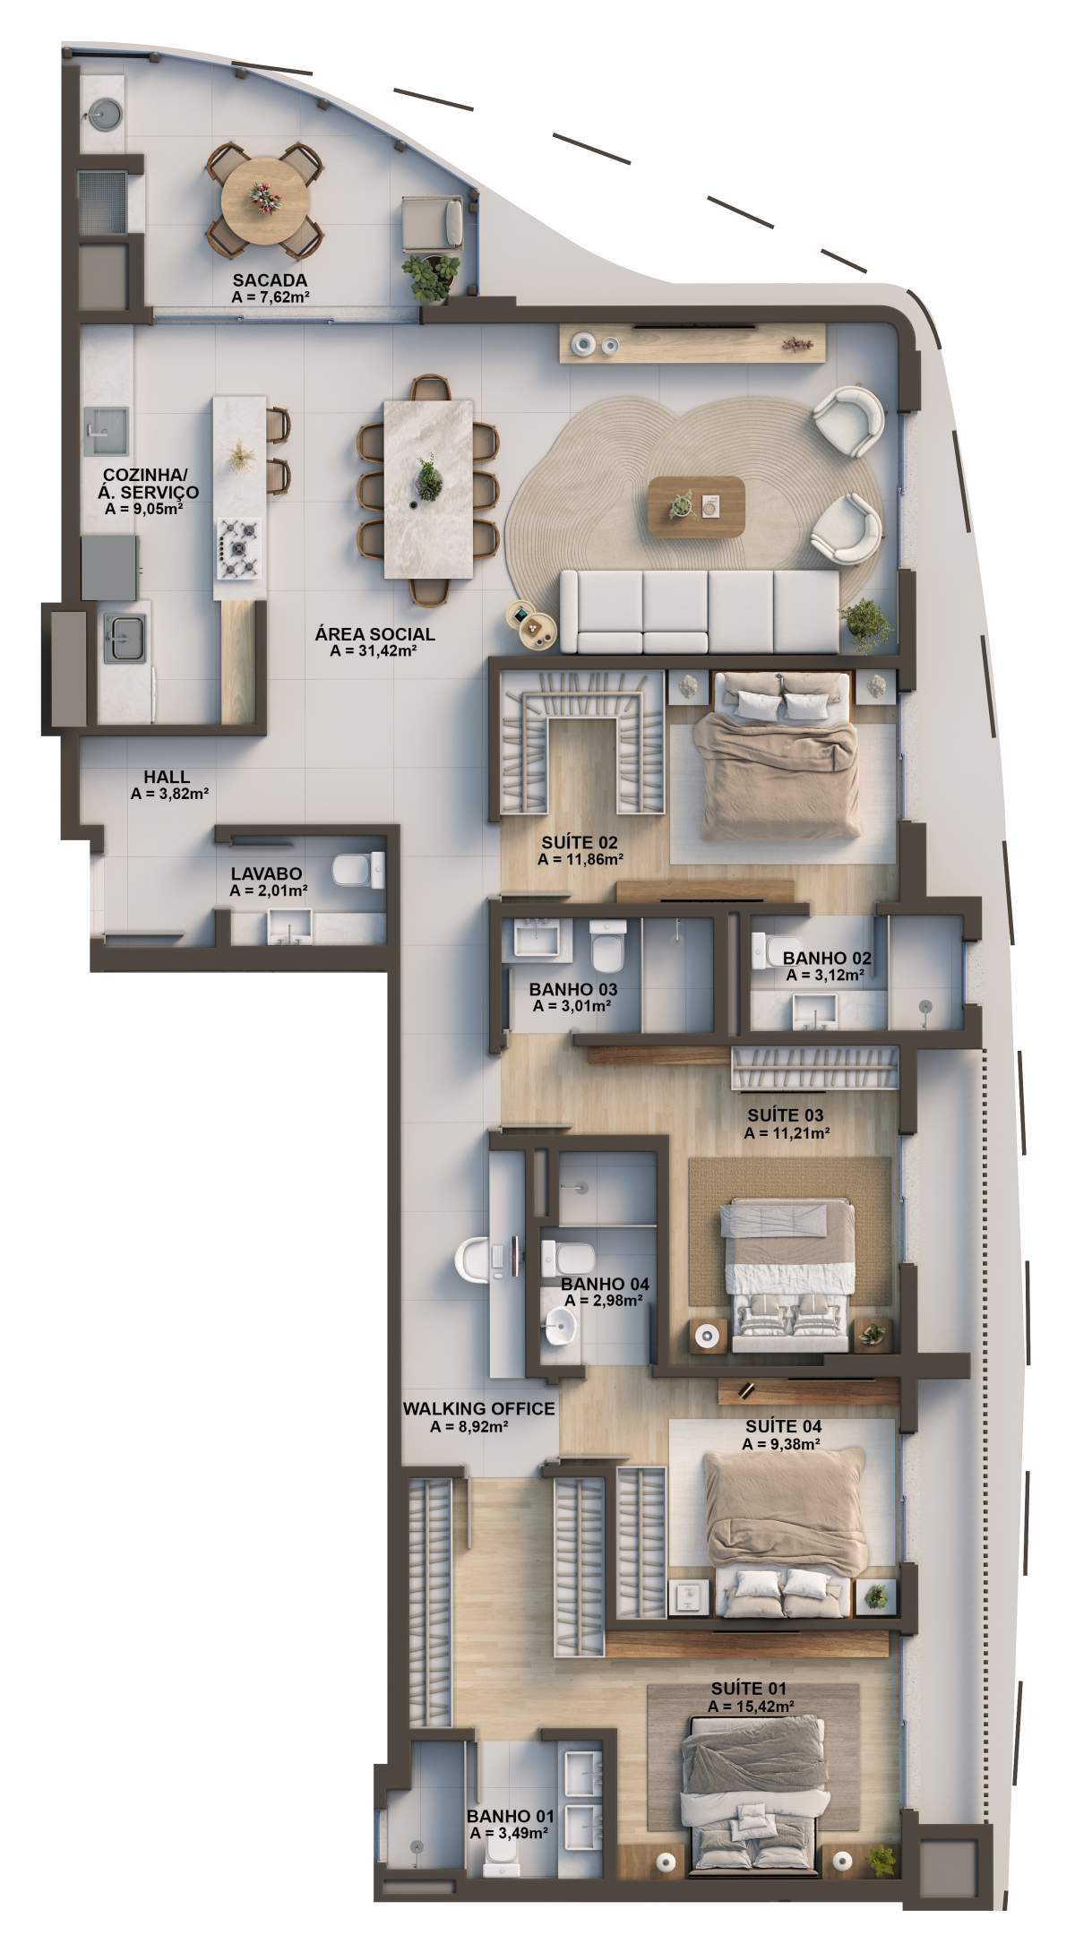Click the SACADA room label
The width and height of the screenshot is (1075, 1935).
click(270, 280)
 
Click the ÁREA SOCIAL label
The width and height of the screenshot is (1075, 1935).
click(374, 634)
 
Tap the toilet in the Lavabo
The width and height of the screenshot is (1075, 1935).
click(357, 869)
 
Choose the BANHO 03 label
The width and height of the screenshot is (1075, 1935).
click(572, 990)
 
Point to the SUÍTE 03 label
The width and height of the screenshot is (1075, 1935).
click(786, 1115)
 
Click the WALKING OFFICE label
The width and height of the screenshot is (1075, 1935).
click(478, 1409)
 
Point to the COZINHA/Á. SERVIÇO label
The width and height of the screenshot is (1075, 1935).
click(150, 484)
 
